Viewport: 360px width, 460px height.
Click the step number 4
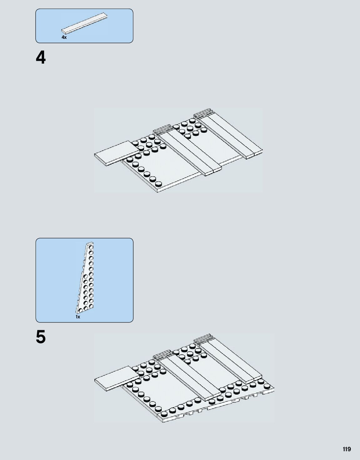pos(41,58)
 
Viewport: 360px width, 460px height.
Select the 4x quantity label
pos(64,37)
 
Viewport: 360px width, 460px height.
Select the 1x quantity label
pos(78,317)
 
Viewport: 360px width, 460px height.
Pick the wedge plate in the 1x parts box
pos(86,279)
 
